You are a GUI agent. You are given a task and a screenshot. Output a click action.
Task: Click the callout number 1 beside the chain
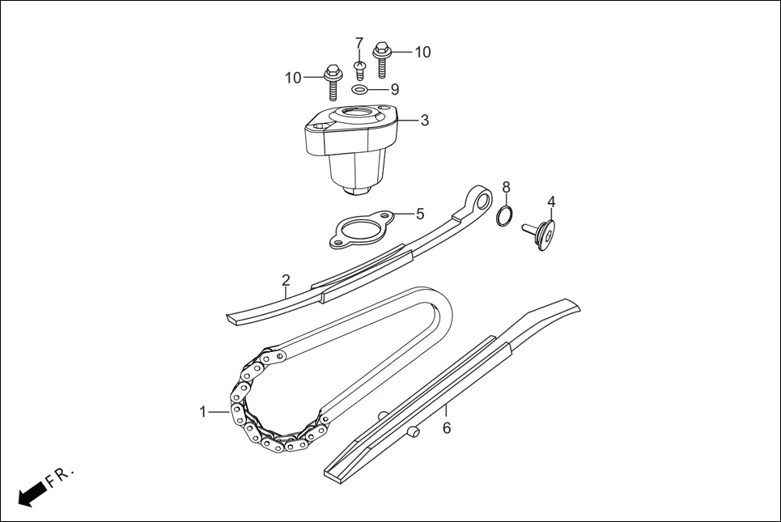tap(203, 412)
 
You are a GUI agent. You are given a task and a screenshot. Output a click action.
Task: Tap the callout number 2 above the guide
tap(286, 281)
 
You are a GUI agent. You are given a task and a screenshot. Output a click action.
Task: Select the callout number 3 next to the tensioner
tap(424, 121)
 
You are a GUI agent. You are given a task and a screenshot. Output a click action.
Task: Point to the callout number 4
tap(550, 202)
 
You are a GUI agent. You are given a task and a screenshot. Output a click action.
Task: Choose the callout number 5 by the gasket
tap(420, 214)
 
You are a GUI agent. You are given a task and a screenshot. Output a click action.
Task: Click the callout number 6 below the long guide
tap(446, 428)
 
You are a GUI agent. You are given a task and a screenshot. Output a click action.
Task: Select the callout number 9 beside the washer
tap(395, 89)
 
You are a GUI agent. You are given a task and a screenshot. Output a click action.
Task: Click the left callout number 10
tap(293, 78)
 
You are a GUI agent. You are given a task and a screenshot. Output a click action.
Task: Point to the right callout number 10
tap(422, 53)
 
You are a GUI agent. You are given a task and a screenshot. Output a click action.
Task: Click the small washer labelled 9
tap(361, 89)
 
